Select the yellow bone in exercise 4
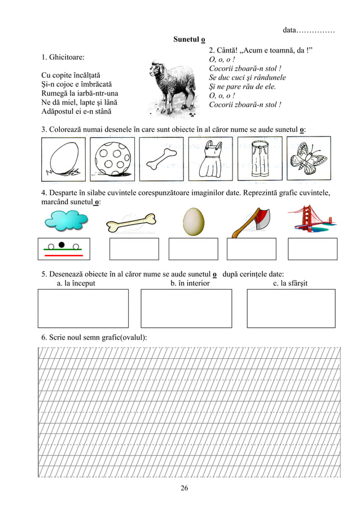[130, 223]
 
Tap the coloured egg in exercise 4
[193, 221]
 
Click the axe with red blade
[252, 222]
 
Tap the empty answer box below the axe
[251, 249]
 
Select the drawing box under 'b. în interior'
[186, 308]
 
